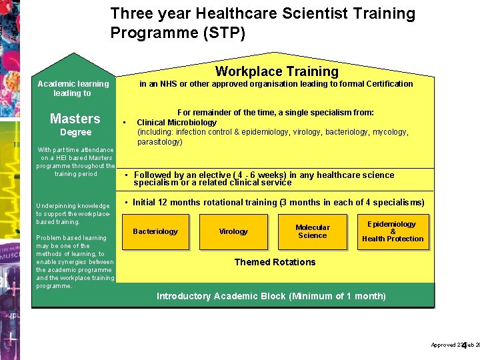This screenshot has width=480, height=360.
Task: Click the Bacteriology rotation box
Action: point(155,232)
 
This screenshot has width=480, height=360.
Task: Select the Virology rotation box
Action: point(233,232)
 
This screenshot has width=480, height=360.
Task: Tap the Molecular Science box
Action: point(313,231)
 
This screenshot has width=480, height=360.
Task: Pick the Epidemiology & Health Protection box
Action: point(393,231)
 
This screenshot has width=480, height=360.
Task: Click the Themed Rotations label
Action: point(275,262)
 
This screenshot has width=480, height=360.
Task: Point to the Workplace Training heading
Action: point(277,71)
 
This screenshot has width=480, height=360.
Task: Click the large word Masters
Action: point(75,119)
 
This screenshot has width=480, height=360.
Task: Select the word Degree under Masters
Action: point(75,132)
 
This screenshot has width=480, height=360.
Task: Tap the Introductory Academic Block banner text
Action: point(271,296)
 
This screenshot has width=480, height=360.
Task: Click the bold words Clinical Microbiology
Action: point(177,123)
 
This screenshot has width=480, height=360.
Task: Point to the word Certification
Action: point(387,84)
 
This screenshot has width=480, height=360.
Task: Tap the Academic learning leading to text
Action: point(73,89)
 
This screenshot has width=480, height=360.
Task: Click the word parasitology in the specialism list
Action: point(159,142)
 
